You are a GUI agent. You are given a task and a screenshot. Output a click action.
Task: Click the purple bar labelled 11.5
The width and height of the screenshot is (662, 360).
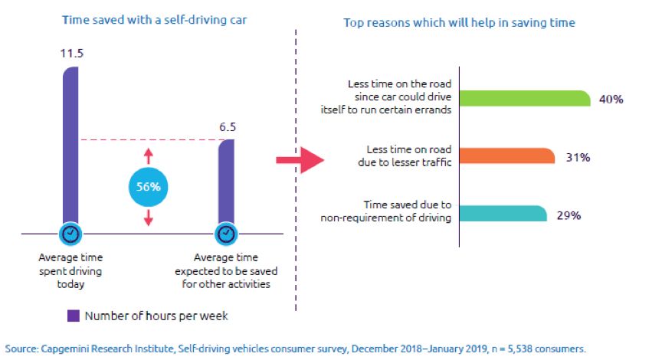point(70,146)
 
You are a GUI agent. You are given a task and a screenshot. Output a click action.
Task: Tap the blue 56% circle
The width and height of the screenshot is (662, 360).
point(149,186)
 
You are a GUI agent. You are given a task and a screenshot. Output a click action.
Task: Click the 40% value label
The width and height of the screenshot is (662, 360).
point(611,99)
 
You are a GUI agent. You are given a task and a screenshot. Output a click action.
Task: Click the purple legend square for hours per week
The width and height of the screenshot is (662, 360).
point(74,315)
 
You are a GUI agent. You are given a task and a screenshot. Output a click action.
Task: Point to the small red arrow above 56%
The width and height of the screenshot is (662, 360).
point(149,155)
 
